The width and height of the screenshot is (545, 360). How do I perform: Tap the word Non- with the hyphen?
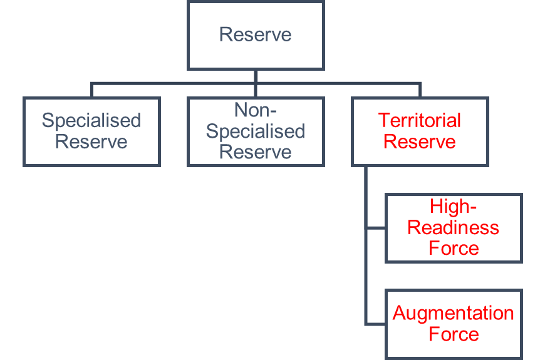(x=256, y=110)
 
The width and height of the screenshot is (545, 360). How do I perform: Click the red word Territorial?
(x=420, y=120)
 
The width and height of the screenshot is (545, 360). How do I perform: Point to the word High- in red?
(x=453, y=206)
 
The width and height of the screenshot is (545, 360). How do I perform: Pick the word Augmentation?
(x=454, y=314)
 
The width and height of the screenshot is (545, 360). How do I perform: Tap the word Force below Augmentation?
(x=454, y=334)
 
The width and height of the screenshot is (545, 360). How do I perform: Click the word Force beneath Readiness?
(x=454, y=248)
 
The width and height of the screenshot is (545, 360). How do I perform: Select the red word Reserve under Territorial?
(x=420, y=141)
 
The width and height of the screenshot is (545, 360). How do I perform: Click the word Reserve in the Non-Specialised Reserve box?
(x=256, y=152)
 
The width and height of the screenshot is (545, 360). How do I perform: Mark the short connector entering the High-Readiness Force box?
(x=375, y=228)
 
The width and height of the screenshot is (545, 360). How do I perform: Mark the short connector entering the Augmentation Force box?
(x=375, y=324)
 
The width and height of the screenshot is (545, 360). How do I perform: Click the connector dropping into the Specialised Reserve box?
(x=91, y=90)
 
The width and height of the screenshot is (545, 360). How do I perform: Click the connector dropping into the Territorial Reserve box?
(x=420, y=90)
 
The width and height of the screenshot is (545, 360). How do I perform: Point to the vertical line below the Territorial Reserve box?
(x=366, y=246)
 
